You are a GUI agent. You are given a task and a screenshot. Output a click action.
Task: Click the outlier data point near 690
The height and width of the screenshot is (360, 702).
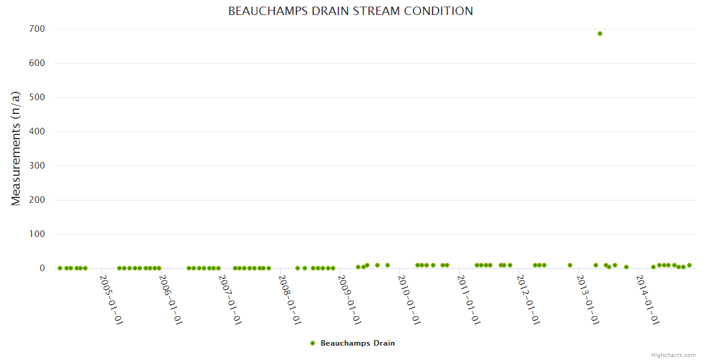(600, 34)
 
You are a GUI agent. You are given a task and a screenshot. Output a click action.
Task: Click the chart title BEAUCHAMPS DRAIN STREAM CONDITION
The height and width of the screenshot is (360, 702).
(350, 11)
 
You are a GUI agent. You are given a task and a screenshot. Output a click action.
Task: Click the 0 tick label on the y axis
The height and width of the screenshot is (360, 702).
(43, 268)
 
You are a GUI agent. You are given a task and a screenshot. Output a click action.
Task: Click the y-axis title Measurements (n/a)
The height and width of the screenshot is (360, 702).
(16, 148)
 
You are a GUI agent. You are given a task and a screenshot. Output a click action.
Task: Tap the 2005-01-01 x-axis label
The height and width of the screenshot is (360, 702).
(111, 300)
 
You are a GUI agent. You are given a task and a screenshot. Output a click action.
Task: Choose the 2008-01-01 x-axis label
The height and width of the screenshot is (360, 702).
(289, 300)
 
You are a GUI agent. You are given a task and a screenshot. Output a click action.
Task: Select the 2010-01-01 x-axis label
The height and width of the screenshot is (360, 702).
(409, 300)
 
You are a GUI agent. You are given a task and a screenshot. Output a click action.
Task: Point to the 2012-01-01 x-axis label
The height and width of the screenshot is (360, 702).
(528, 300)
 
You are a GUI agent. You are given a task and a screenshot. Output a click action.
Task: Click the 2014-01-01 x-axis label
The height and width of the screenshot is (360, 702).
(647, 300)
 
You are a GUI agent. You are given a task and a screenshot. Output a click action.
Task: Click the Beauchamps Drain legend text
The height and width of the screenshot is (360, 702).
(358, 343)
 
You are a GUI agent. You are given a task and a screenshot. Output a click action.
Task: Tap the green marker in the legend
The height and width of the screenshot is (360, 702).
(313, 343)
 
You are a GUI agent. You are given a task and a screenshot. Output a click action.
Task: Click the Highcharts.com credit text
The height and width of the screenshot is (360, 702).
(673, 355)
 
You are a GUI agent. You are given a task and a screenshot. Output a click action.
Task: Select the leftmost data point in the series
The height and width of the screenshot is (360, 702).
(60, 268)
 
